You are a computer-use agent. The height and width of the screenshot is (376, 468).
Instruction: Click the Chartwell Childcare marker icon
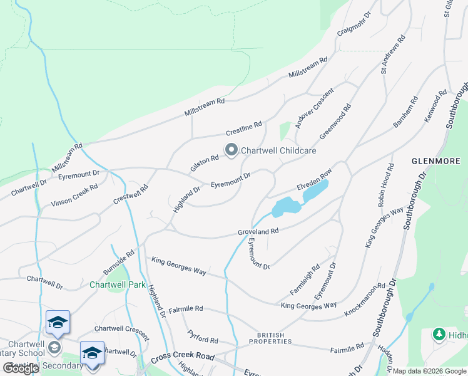point(231,149)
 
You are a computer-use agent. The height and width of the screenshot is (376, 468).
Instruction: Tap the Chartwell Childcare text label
point(278,150)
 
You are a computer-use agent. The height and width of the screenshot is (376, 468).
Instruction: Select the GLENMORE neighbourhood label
point(435,160)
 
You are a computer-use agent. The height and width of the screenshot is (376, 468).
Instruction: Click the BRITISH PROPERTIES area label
point(270,338)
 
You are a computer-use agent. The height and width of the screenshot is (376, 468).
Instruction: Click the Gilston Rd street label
point(205,164)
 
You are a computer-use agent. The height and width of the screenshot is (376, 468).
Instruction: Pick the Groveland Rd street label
point(257,231)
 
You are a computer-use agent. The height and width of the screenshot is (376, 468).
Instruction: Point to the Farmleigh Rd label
point(305,280)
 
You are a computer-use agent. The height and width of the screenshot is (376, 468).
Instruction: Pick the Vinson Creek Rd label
point(74,194)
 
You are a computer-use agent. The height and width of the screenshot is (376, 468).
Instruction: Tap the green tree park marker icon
point(439,335)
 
